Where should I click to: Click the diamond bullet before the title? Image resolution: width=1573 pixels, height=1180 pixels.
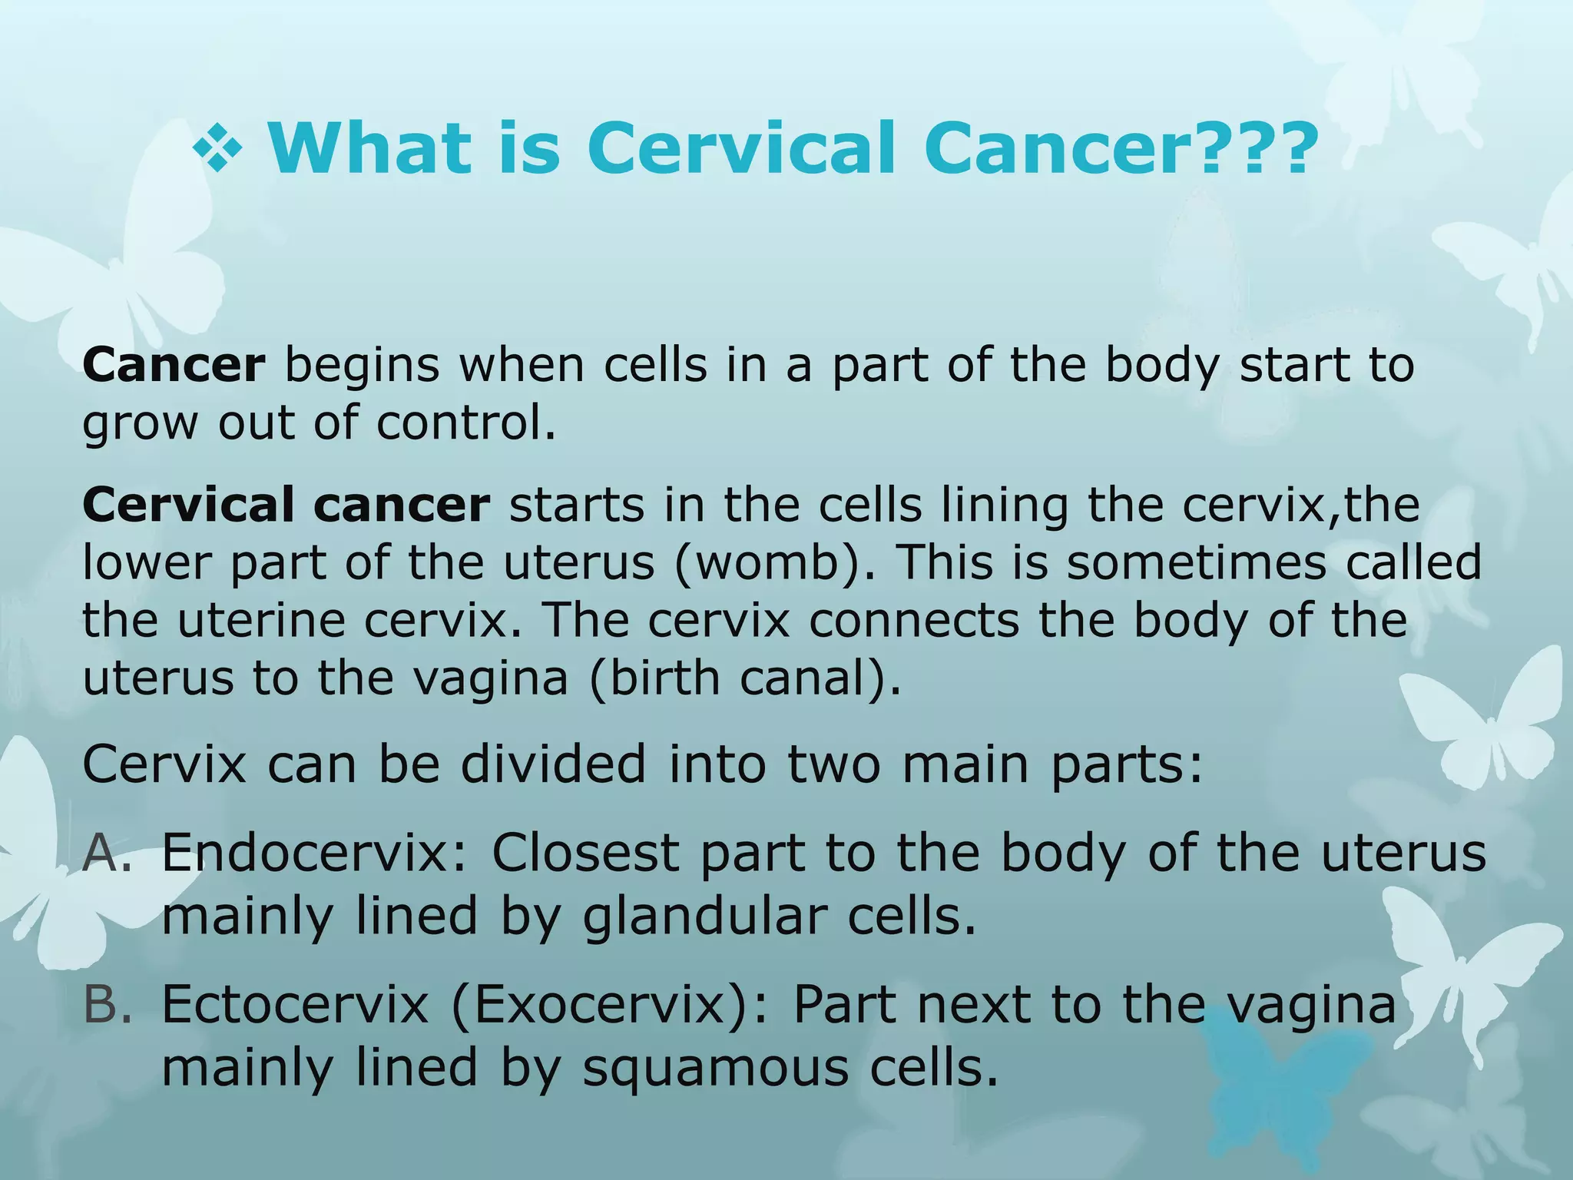click(217, 147)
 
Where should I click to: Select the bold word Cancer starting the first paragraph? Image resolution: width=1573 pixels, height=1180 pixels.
click(174, 365)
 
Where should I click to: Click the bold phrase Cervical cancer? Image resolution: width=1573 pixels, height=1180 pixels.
click(286, 505)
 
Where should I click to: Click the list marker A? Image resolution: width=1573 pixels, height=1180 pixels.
click(108, 853)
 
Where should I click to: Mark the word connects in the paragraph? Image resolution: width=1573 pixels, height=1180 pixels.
click(914, 620)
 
